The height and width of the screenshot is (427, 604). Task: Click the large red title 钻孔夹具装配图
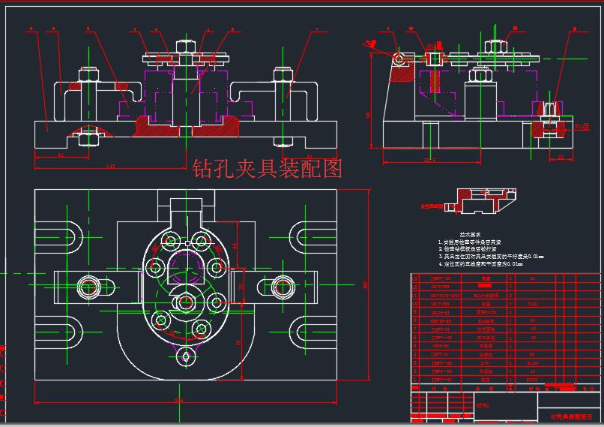(x=267, y=168)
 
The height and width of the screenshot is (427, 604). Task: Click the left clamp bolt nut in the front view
(x=84, y=75)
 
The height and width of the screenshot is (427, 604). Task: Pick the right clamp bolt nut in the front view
(x=283, y=75)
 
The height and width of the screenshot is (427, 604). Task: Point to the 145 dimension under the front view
(x=110, y=165)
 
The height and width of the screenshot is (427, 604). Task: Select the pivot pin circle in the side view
(x=400, y=57)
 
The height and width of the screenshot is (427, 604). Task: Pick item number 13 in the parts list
(x=416, y=278)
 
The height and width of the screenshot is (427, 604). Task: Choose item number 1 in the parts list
(x=416, y=380)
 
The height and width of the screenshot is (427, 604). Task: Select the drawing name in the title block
(x=571, y=415)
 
